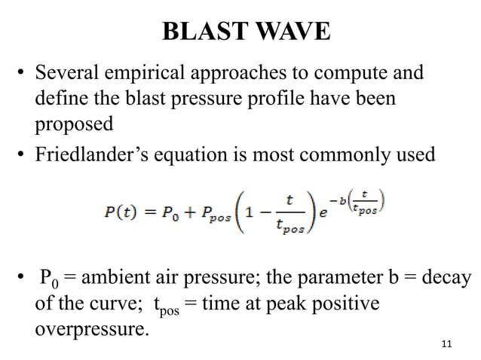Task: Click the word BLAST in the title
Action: click(205, 32)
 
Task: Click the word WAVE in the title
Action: click(292, 32)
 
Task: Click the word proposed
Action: click(74, 122)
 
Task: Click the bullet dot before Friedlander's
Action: click(23, 155)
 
